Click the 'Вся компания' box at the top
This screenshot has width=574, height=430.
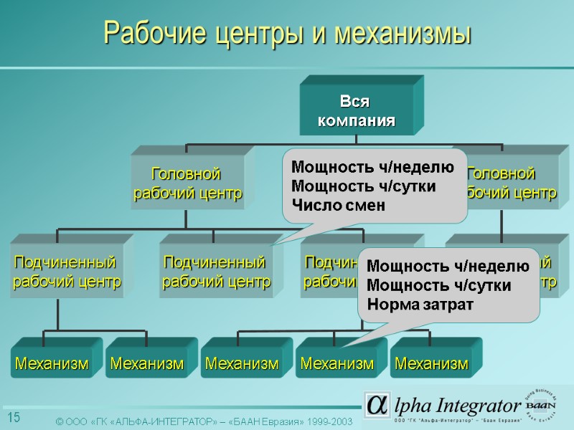(357, 110)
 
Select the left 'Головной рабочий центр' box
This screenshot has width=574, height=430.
(187, 183)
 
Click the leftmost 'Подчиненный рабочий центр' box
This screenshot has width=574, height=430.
(66, 272)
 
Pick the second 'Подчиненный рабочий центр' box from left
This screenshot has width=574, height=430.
(216, 272)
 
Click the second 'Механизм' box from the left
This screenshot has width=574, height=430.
(146, 364)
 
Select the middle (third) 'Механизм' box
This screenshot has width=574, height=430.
(242, 364)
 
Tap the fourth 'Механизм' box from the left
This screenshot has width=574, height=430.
(337, 364)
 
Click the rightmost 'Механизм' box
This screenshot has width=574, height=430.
(431, 364)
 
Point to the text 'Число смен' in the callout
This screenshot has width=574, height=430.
(337, 205)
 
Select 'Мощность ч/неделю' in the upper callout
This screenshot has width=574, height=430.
(372, 168)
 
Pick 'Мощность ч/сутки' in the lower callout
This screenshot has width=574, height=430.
(438, 285)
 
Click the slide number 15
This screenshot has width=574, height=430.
(14, 418)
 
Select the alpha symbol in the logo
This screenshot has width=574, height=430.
(377, 406)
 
